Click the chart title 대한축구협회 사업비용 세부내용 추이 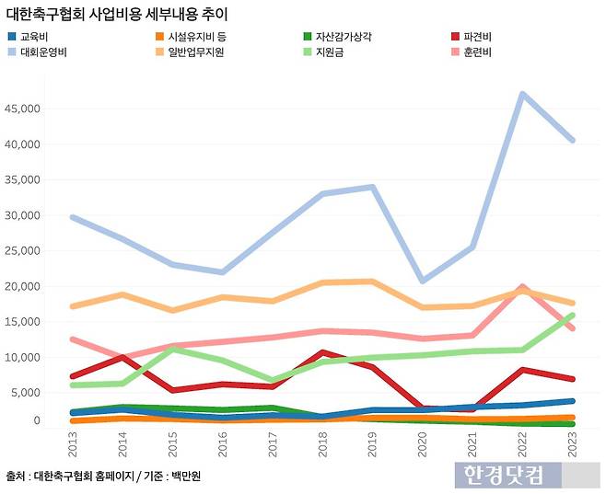click(x=117, y=16)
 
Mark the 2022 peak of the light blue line click(x=522, y=94)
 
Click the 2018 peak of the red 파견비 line click(x=322, y=352)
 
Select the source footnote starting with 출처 click(x=103, y=477)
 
